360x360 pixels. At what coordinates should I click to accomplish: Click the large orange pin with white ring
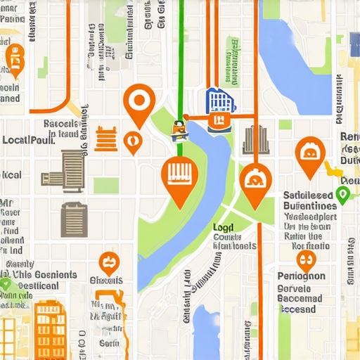[x=139, y=101]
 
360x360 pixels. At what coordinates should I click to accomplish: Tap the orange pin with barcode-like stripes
[x=180, y=176]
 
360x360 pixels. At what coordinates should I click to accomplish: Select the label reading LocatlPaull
[x=28, y=140]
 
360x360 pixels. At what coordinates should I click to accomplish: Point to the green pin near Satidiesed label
[x=343, y=195]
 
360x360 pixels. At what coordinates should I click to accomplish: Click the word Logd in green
[x=224, y=228]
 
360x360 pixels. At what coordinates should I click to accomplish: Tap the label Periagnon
[x=301, y=276]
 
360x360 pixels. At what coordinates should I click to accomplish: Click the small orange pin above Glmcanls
[x=108, y=263]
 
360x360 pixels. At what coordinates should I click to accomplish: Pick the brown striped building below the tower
[x=73, y=219]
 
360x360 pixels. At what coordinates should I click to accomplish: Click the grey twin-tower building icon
[x=255, y=139]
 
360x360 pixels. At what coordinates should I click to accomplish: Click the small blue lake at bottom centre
[x=207, y=330]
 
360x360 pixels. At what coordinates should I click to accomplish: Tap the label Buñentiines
[x=309, y=206]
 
